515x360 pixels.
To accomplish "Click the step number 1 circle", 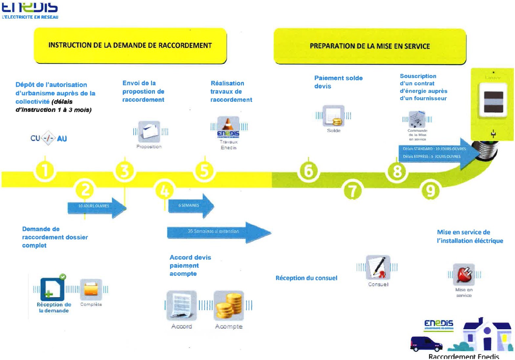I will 45,171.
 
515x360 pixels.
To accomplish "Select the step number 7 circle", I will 352,191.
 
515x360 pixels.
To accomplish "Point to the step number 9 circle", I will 430,190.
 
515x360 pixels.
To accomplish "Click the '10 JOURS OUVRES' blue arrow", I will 97,207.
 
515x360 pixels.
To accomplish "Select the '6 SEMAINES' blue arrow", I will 190,206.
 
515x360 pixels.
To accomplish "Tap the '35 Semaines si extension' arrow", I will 218,232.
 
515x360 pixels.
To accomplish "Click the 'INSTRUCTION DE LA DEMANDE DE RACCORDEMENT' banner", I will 130,46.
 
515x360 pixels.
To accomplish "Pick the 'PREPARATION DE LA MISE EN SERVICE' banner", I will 370,46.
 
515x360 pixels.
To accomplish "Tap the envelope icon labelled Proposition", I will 149,132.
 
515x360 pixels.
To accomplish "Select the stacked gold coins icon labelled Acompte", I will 229,306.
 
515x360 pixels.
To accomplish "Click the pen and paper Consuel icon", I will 378,267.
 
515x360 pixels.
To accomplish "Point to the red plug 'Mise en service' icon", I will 464,275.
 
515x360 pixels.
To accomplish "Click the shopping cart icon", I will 417,119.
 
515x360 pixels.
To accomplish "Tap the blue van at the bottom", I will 426,344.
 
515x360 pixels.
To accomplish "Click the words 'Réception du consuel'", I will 306,278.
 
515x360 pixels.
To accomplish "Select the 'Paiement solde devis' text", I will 338,82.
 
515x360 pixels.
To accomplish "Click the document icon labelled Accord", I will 182,306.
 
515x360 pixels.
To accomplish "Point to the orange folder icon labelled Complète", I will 91,289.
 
